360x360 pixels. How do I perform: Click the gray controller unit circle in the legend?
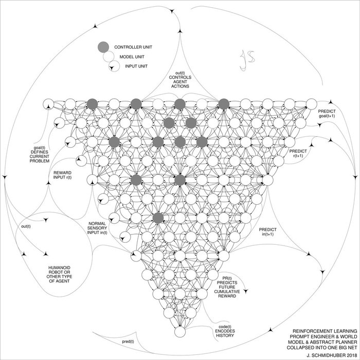pos(103,47)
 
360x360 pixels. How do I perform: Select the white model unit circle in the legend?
pos(109,57)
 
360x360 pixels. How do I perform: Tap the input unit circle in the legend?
pos(114,66)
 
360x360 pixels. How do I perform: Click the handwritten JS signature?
pos(247,60)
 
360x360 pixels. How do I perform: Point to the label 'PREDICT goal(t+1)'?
pos(327,114)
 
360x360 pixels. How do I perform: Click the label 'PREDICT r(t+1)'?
pos(298,153)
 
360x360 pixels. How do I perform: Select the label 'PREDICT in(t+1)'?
pos(268,231)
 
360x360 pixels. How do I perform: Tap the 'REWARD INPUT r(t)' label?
pos(62,175)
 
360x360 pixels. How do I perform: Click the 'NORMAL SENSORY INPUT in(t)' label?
pos(97,228)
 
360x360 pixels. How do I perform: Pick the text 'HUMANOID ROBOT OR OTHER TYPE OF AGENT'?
pos(59,274)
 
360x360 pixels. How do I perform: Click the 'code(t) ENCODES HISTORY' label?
pos(225,331)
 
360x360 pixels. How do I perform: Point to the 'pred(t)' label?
pos(128,341)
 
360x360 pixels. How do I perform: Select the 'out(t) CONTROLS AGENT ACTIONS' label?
pos(180,80)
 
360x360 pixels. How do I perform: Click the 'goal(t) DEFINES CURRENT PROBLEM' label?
pos(40,154)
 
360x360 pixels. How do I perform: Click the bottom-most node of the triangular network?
pos(180,332)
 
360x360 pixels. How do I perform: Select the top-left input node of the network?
pos(48,104)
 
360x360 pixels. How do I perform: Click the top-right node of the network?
pos(312,104)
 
